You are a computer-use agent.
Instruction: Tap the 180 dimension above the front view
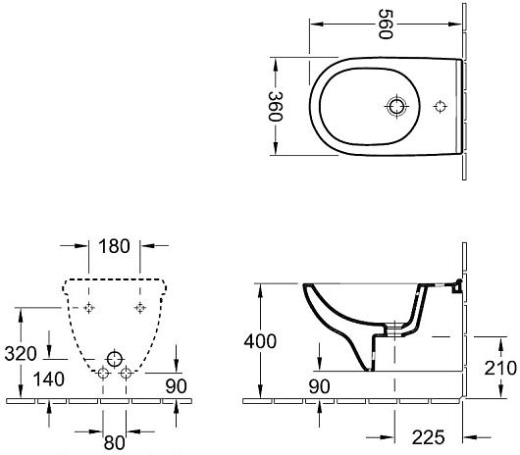pyautogui.click(x=114, y=245)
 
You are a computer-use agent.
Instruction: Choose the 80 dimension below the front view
pyautogui.click(x=114, y=441)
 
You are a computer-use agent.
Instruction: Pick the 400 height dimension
pyautogui.click(x=259, y=341)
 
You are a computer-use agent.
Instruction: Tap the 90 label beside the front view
pyautogui.click(x=176, y=386)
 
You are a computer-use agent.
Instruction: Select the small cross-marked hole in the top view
pyautogui.click(x=439, y=106)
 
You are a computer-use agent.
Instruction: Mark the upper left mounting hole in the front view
pyautogui.click(x=89, y=308)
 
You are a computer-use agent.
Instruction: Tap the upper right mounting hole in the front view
pyautogui.click(x=139, y=308)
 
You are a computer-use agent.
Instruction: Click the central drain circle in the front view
pyautogui.click(x=115, y=357)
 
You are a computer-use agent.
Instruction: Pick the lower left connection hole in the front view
pyautogui.click(x=104, y=373)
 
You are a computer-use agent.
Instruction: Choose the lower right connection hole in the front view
pyautogui.click(x=126, y=373)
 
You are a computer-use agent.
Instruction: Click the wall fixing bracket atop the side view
pyautogui.click(x=452, y=286)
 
